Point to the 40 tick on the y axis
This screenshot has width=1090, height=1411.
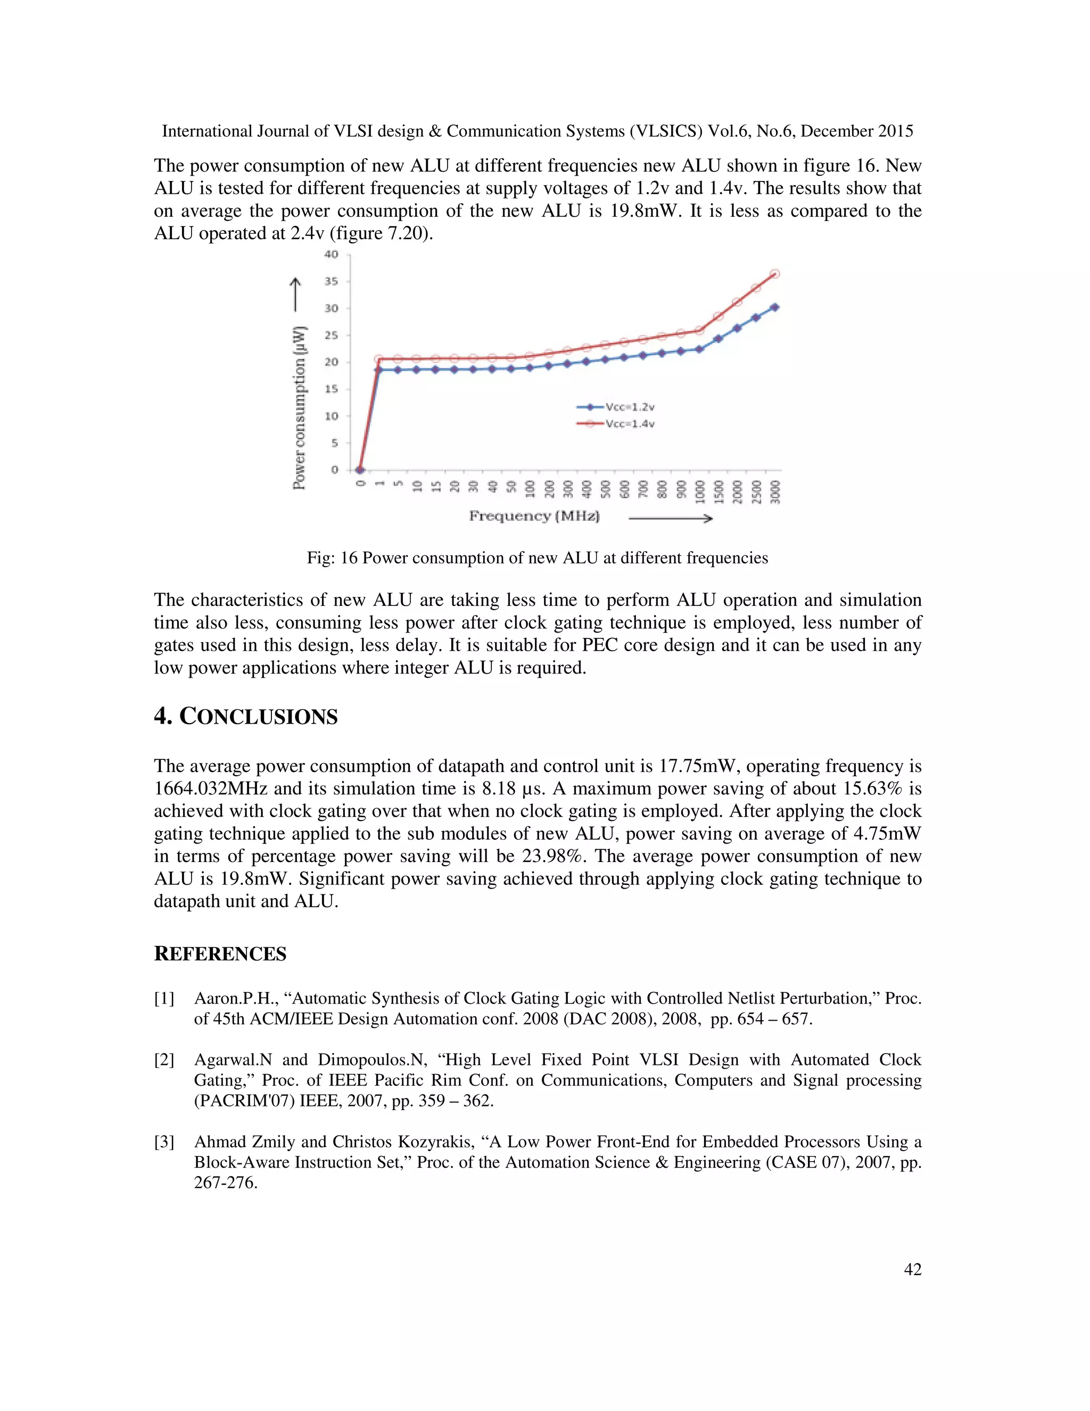pyautogui.click(x=331, y=255)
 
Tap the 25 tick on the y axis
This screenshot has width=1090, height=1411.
pyautogui.click(x=331, y=335)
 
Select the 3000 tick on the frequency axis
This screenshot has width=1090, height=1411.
pyautogui.click(x=775, y=493)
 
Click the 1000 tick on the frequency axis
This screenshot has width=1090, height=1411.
pyautogui.click(x=700, y=493)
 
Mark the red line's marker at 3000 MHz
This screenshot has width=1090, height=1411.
pyautogui.click(x=775, y=274)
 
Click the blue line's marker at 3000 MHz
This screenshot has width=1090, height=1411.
pyautogui.click(x=775, y=308)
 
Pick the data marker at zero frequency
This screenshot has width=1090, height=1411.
pyautogui.click(x=360, y=470)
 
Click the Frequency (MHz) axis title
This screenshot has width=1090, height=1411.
pyautogui.click(x=534, y=516)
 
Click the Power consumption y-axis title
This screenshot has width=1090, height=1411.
pyautogui.click(x=299, y=407)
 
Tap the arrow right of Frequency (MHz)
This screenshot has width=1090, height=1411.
pyautogui.click(x=670, y=518)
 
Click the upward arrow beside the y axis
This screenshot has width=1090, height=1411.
pyautogui.click(x=295, y=294)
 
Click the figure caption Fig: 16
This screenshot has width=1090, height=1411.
pyautogui.click(x=537, y=558)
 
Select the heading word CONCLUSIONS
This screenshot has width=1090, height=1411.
pyautogui.click(x=258, y=717)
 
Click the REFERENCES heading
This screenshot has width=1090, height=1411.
pyautogui.click(x=220, y=954)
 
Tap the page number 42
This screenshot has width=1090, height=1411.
pyautogui.click(x=912, y=1269)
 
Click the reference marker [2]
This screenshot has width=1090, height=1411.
pyautogui.click(x=164, y=1060)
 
